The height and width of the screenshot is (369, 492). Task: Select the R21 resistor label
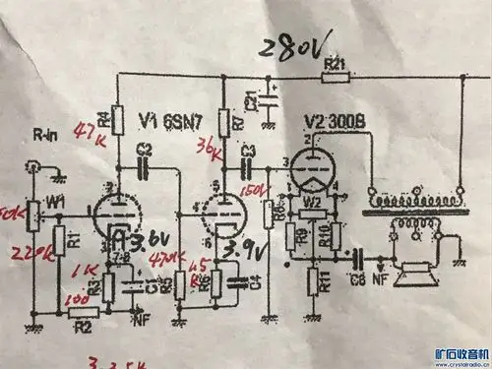point(335,64)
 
